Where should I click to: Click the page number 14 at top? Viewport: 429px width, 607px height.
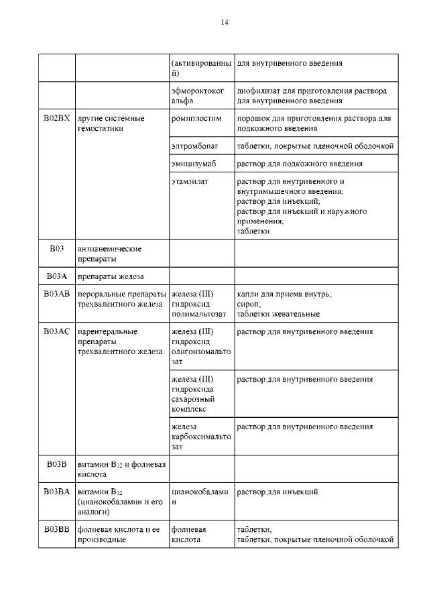tap(225, 23)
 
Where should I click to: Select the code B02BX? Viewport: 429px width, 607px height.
tap(56, 119)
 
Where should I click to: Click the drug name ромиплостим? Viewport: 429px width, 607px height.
tap(196, 119)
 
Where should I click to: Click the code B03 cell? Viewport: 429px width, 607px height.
tap(56, 249)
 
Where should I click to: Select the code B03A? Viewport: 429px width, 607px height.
tap(56, 276)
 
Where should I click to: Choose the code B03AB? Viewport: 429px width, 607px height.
tap(56, 294)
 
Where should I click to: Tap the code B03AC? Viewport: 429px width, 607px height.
tap(56, 332)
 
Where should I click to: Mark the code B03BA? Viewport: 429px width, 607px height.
tap(56, 492)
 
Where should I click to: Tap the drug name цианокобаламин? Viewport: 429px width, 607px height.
tap(200, 497)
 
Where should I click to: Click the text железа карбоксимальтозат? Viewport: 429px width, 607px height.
tap(200, 436)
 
